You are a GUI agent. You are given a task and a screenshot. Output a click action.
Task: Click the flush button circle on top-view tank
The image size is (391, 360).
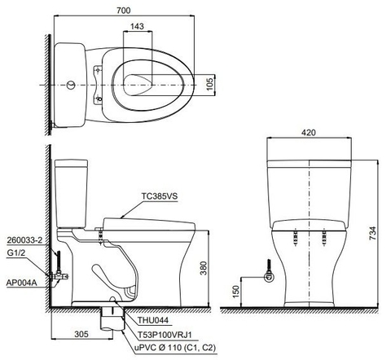(x=71, y=84)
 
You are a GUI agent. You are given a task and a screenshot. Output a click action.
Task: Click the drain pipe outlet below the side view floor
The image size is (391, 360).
(x=108, y=320)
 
